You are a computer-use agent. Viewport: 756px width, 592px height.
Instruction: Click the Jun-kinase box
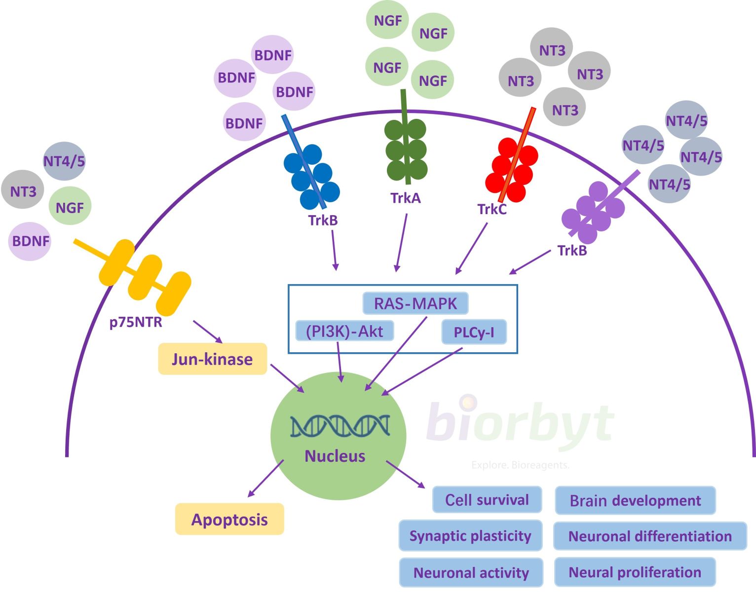[x=212, y=359]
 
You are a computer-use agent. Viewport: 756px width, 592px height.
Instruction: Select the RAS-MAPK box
[x=415, y=303]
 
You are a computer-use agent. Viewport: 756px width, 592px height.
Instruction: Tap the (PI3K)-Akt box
[x=344, y=331]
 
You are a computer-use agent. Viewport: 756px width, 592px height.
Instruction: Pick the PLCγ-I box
[x=474, y=332]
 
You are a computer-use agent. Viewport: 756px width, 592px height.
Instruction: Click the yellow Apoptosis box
[x=229, y=519]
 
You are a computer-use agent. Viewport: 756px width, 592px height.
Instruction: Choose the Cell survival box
[x=487, y=500]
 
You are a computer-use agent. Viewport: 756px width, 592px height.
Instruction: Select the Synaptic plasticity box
[x=470, y=535]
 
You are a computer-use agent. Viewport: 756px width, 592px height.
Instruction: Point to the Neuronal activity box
[x=471, y=572]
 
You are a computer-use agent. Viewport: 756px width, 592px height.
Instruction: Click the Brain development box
[x=635, y=500]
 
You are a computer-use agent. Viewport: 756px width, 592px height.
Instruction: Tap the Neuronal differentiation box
[x=650, y=536]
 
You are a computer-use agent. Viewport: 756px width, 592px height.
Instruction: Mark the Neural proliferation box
[x=635, y=572]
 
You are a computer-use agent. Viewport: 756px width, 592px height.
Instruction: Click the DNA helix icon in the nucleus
[x=340, y=426]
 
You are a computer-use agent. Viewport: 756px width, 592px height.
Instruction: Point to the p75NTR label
[x=136, y=323]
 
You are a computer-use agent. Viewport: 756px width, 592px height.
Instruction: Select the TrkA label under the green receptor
[x=406, y=198]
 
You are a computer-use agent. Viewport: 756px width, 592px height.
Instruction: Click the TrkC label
[x=492, y=209]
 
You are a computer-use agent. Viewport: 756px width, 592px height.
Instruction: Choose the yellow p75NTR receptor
[x=145, y=277]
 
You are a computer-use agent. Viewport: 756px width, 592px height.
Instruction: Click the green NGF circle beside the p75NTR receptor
[x=70, y=207]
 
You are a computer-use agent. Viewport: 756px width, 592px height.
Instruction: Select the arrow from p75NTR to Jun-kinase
[x=207, y=331]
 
